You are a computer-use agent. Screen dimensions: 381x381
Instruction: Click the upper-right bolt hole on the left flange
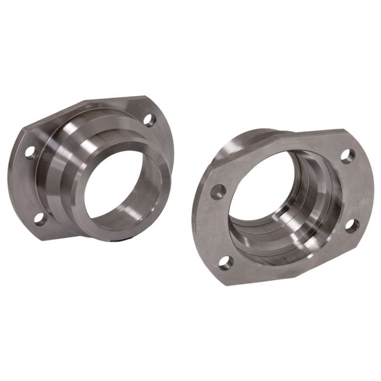pyautogui.click(x=149, y=121)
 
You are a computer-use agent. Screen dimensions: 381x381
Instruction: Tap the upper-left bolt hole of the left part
pyautogui.click(x=29, y=152)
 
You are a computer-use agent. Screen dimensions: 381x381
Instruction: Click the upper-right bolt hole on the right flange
pyautogui.click(x=348, y=156)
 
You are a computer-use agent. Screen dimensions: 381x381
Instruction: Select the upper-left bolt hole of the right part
pyautogui.click(x=218, y=191)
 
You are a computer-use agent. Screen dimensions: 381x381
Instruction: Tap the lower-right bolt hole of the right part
pyautogui.click(x=352, y=226)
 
